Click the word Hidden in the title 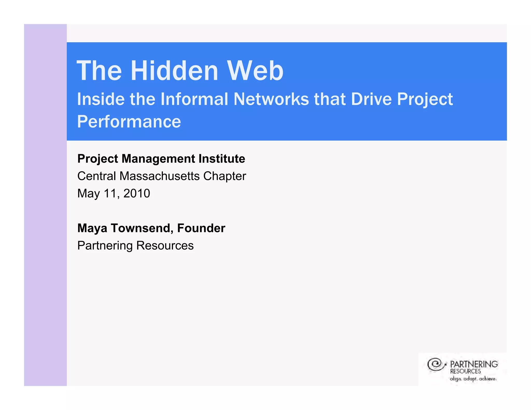tap(174, 71)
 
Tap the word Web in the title tap(255, 71)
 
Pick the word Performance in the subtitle tap(129, 122)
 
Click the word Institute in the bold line tap(222, 159)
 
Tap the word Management tap(158, 159)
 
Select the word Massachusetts tap(159, 176)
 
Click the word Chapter tap(225, 176)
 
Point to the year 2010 tap(137, 193)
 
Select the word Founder tap(201, 228)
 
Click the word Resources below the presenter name tap(165, 245)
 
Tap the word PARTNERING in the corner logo tap(474, 364)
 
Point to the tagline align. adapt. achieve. tap(473, 379)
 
